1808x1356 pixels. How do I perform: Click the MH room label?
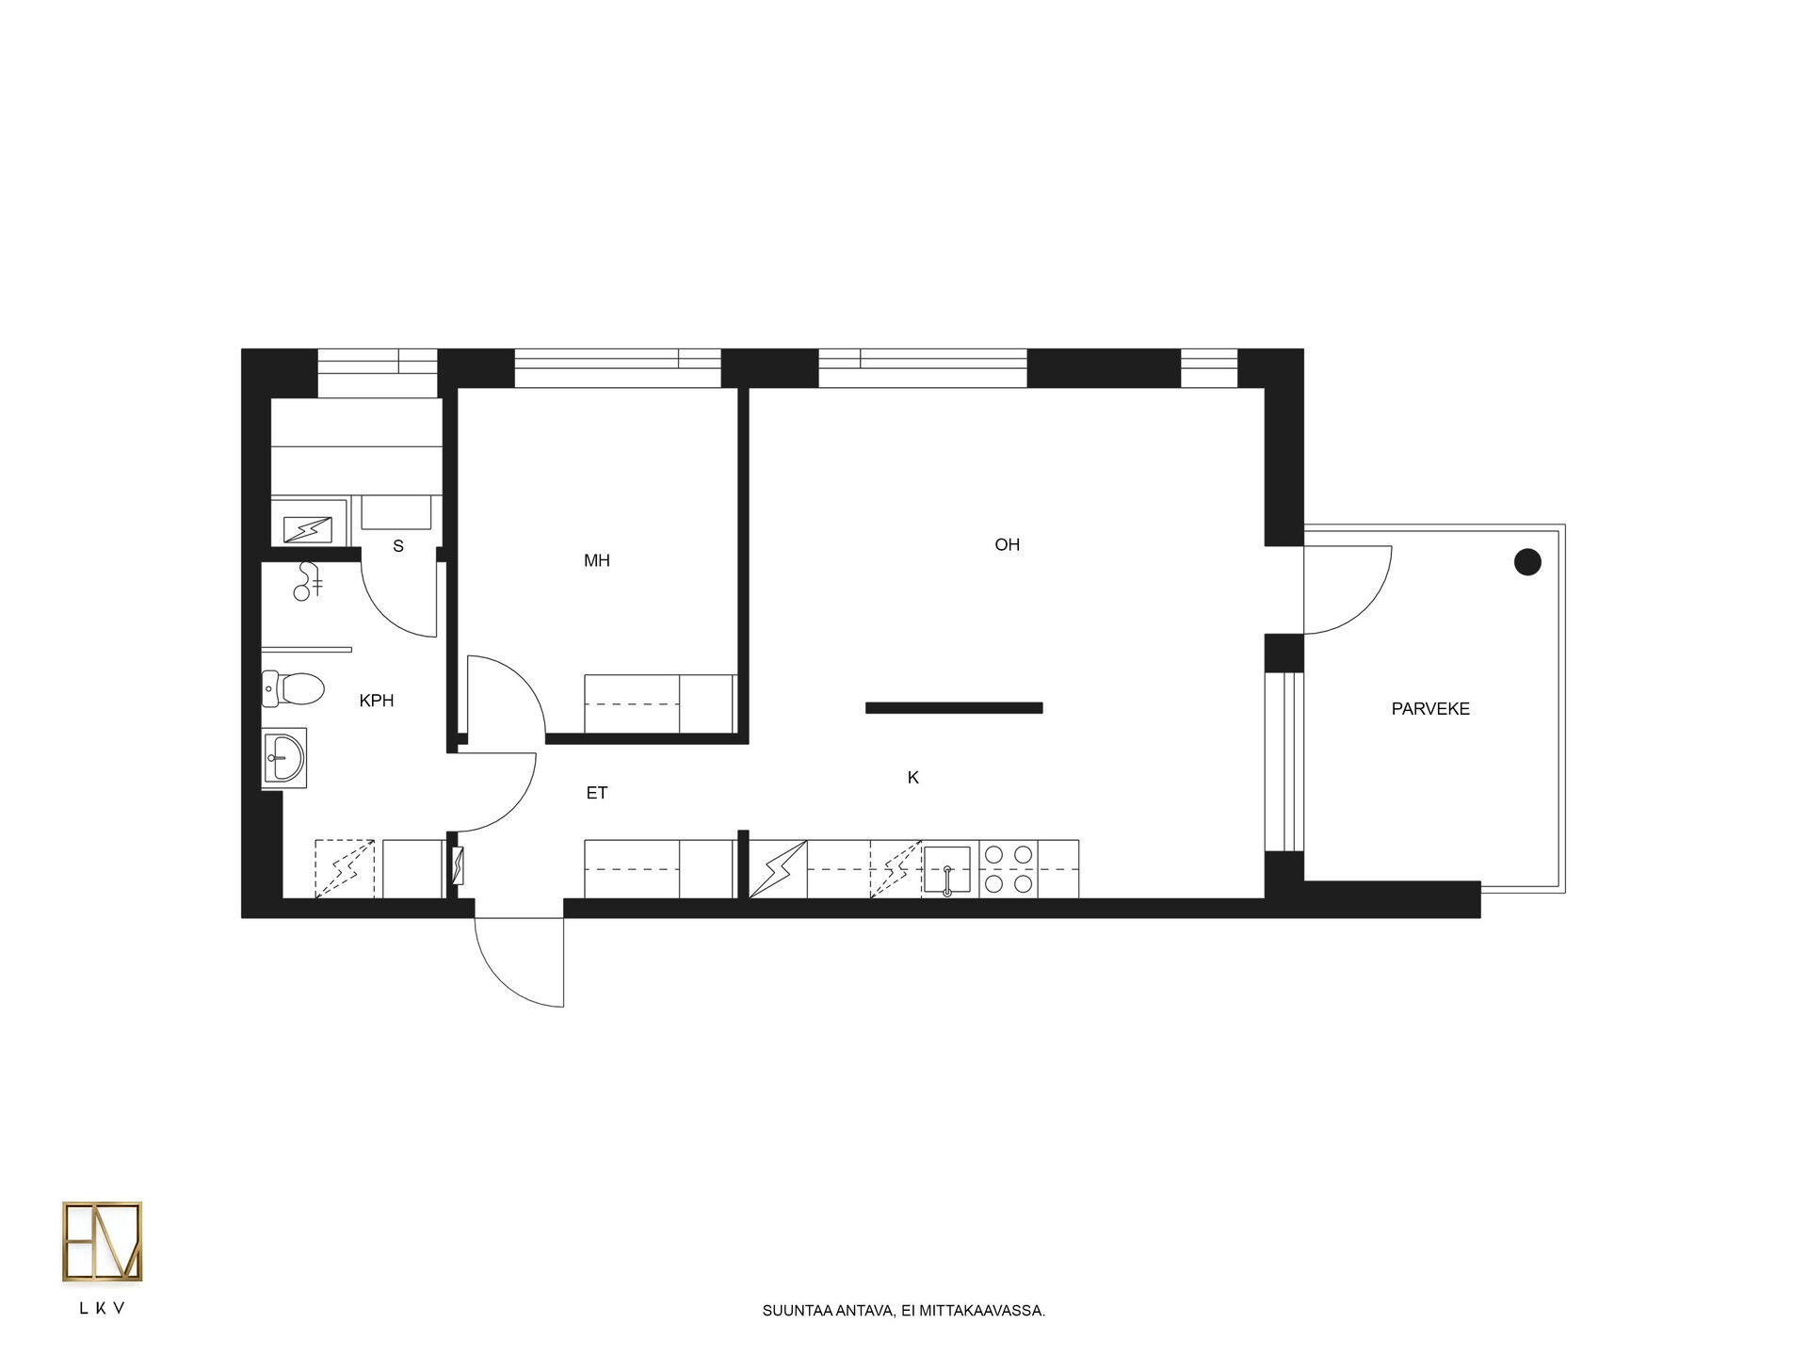597,561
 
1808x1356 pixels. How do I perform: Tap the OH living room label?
1007,544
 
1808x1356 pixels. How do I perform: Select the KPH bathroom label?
377,701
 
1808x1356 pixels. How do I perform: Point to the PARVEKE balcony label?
1430,709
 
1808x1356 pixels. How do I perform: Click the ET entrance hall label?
597,793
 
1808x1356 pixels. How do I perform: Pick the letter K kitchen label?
912,778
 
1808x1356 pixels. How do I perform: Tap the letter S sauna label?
398,546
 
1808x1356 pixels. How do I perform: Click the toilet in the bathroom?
293,688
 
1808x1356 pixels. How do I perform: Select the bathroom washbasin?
283,758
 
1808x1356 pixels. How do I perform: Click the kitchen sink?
946,869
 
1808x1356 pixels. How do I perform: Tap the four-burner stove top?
1009,869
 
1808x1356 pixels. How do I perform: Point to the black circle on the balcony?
1526,562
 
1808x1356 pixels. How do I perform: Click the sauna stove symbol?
308,529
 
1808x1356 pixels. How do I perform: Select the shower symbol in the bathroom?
308,581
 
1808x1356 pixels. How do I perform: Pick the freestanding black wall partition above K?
954,708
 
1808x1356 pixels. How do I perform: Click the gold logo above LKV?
103,1241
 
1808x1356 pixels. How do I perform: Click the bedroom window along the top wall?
618,367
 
